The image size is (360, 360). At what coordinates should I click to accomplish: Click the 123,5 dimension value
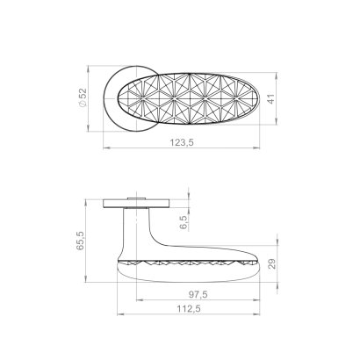click(182, 142)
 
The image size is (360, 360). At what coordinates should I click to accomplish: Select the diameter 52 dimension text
click(83, 97)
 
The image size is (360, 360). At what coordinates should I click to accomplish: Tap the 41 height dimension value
click(271, 98)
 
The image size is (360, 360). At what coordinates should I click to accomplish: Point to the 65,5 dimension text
click(80, 241)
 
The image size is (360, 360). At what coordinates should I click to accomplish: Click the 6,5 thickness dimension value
click(184, 221)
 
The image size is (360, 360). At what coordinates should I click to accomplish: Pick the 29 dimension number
click(272, 263)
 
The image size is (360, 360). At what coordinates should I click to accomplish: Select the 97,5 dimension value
click(198, 294)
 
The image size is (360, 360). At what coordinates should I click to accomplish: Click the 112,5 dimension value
click(189, 309)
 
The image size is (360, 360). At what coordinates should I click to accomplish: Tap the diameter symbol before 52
click(83, 104)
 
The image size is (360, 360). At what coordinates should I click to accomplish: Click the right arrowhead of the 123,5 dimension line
click(256, 148)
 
